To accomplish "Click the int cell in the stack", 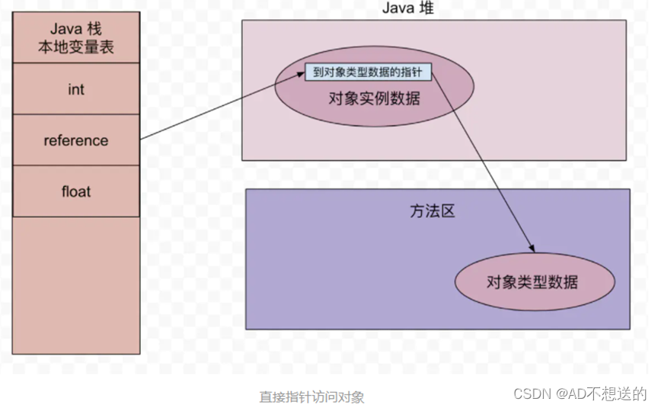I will [76, 89].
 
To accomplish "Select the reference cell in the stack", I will [76, 140].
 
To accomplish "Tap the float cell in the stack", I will [76, 191].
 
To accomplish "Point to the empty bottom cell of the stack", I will [76, 286].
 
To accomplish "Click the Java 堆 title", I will [407, 8].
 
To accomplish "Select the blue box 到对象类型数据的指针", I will [368, 72].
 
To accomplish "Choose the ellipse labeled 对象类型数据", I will [532, 282].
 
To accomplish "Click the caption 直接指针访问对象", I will [311, 397].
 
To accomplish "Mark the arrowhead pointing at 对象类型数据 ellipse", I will [531, 249].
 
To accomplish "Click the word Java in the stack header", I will [65, 29].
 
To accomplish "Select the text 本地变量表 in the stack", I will [76, 48].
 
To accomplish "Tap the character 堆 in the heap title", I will [424, 8].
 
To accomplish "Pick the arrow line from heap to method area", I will [487, 168].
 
